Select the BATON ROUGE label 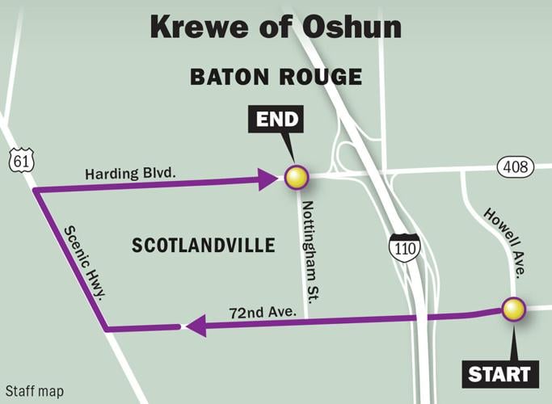pos(275,78)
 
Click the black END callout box pos(277,121)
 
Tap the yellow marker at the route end pos(297,178)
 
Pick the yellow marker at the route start pos(513,309)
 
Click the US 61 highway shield pos(20,160)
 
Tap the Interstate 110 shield pos(402,246)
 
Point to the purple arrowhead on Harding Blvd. pos(269,179)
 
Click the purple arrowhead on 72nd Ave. pos(194,326)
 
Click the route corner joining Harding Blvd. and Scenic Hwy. pos(35,191)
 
